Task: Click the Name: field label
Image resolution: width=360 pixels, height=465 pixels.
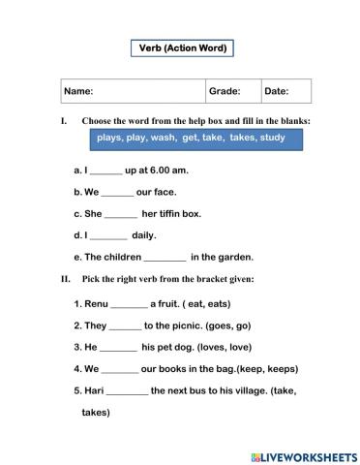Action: point(78,91)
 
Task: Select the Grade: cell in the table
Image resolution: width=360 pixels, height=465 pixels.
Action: point(225,91)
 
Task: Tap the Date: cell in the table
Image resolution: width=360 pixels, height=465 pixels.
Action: point(277,91)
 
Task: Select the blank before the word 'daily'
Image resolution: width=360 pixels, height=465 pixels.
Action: point(108,235)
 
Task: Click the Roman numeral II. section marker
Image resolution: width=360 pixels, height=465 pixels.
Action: point(65,279)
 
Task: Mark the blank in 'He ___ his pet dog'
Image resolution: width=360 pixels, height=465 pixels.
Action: point(119,347)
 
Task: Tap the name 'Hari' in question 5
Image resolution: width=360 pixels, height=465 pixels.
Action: point(93,390)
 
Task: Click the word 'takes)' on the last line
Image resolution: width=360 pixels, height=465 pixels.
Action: point(95,412)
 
